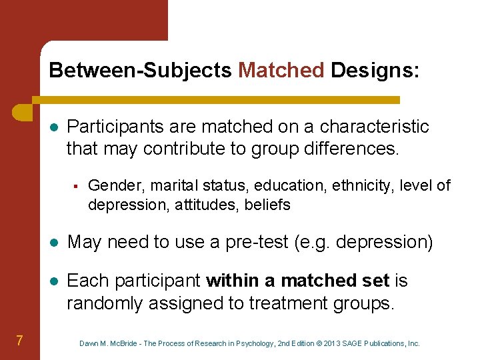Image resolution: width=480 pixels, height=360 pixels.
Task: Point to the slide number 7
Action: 20,341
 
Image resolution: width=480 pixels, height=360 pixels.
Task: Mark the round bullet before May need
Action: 53,243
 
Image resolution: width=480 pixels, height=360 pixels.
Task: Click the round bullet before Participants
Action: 53,127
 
